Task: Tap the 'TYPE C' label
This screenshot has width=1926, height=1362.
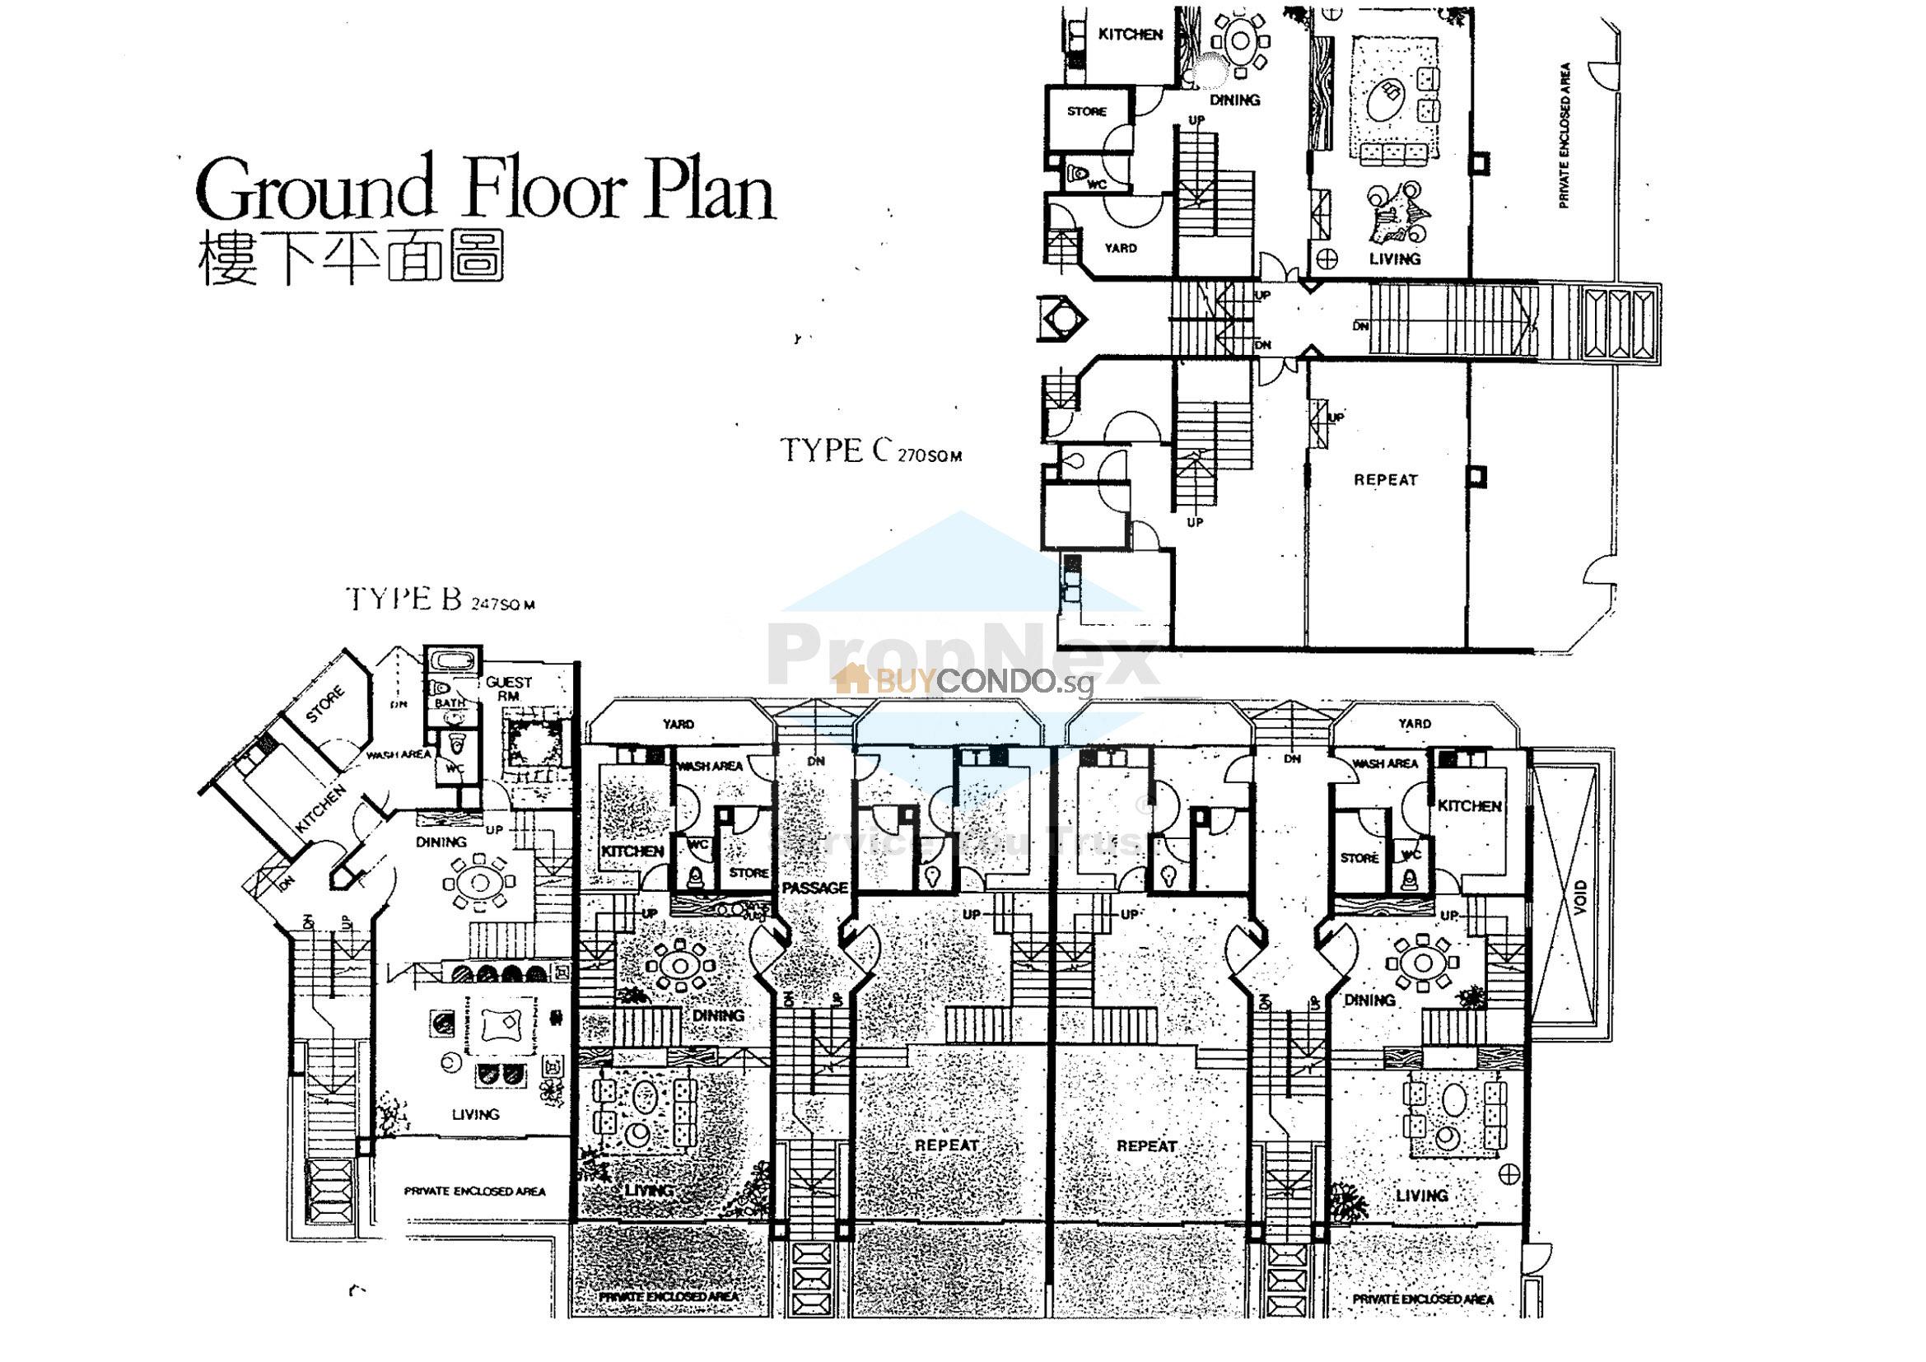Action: tap(834, 450)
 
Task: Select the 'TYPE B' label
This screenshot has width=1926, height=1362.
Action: tap(403, 599)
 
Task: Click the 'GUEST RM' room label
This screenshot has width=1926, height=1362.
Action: tap(508, 688)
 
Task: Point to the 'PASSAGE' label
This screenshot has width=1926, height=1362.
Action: tap(814, 888)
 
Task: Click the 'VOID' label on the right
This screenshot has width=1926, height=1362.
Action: tap(1579, 898)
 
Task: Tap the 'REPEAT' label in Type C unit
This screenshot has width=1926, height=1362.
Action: tap(1385, 480)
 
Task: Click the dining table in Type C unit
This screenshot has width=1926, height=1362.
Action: tap(1240, 40)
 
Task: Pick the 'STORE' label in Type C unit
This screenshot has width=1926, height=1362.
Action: tap(1086, 110)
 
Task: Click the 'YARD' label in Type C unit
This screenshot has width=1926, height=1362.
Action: tap(1120, 247)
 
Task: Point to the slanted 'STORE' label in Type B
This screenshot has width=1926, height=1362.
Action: tap(324, 705)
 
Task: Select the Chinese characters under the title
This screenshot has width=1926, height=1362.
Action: tap(351, 258)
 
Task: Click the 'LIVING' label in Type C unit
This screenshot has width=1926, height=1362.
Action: tap(1395, 259)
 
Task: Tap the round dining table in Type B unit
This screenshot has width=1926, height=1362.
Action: tap(480, 882)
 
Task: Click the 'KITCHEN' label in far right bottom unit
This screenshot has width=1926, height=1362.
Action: tap(1470, 805)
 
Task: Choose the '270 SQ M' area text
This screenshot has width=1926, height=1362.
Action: tap(930, 457)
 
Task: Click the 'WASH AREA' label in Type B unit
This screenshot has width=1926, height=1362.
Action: tap(398, 754)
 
